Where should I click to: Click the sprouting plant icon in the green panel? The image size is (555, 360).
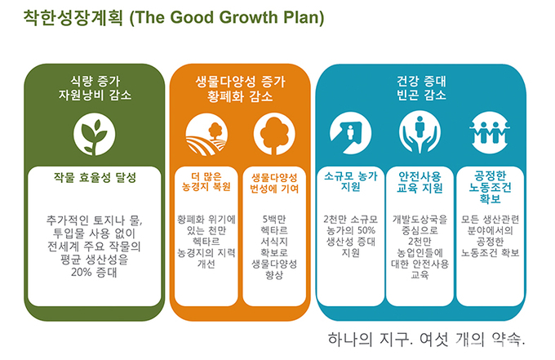(94, 134)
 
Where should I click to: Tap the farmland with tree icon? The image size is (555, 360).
(206, 135)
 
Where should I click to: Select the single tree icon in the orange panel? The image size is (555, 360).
(274, 135)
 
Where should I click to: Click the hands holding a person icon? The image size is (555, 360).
(420, 133)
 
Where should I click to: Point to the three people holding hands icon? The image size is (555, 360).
(490, 133)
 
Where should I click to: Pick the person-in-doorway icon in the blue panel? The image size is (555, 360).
(350, 133)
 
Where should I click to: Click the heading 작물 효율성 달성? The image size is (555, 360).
(95, 177)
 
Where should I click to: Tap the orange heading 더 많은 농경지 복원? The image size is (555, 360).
(206, 182)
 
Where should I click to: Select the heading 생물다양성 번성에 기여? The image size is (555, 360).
(274, 183)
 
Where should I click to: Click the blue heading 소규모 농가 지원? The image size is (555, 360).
(351, 181)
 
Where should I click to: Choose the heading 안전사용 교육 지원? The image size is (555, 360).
(420, 182)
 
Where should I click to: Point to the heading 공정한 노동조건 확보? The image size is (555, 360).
(491, 187)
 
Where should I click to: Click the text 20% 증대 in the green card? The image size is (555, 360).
(94, 273)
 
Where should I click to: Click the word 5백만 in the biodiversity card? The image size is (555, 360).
(274, 219)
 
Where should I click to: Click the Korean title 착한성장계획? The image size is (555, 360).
(73, 17)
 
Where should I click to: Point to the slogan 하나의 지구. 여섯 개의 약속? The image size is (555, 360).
(427, 339)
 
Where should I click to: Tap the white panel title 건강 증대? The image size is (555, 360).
(421, 82)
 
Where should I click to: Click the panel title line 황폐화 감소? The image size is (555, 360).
(240, 96)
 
